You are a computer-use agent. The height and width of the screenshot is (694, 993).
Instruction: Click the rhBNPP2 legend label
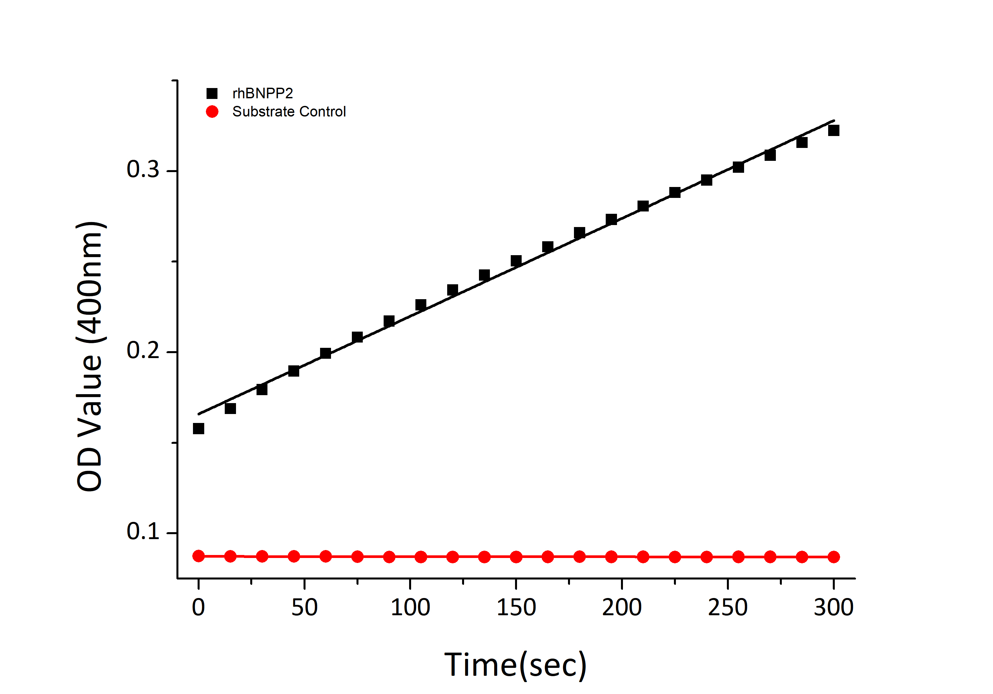262,93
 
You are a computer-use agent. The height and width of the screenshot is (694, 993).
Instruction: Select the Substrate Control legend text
289,112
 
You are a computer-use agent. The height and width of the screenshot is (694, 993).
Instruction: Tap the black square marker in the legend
212,93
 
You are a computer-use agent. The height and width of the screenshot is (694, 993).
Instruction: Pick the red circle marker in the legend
212,112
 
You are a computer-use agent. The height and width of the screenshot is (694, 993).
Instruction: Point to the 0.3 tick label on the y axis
143,169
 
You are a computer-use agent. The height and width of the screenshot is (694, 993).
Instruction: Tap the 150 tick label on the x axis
516,608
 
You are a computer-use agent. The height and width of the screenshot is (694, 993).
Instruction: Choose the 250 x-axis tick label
728,608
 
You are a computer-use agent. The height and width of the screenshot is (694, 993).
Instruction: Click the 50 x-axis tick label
305,608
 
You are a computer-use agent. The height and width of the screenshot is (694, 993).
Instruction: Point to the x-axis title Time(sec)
515,665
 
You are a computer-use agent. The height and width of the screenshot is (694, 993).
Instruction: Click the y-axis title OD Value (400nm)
89,356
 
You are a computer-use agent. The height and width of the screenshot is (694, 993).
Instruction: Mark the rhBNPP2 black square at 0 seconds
199,429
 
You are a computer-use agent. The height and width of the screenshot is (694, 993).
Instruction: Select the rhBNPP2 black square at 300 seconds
833,130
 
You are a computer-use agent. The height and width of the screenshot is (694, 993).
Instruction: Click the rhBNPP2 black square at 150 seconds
516,261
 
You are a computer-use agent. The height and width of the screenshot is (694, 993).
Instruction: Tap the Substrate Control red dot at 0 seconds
199,556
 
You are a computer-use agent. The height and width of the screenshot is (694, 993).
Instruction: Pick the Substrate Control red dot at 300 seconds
833,557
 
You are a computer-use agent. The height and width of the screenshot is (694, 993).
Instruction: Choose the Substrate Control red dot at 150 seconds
516,557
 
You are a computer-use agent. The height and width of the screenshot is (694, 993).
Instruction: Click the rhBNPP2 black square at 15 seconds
230,408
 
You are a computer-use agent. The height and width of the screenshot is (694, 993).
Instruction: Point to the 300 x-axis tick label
833,608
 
